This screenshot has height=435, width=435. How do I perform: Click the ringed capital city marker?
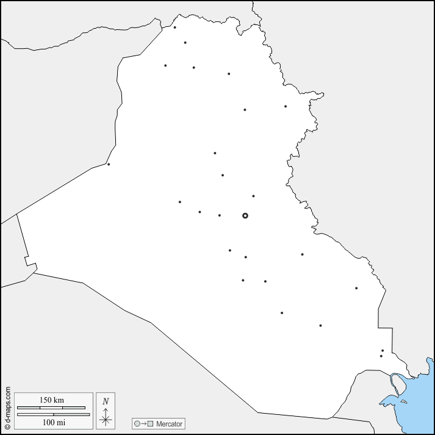[x=245, y=215]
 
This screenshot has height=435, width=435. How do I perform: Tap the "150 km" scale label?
[x=52, y=400]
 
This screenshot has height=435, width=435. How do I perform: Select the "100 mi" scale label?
[x=52, y=422]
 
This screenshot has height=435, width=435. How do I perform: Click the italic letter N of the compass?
[x=106, y=401]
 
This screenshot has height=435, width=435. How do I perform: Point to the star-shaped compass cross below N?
[x=106, y=419]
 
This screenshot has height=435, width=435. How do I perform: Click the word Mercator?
[x=168, y=423]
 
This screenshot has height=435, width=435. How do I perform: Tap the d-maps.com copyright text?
[x=7, y=408]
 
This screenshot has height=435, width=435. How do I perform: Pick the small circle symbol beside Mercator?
[x=137, y=423]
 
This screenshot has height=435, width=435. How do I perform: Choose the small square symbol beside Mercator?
[x=149, y=423]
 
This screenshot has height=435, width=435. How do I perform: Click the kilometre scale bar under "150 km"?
[x=51, y=408]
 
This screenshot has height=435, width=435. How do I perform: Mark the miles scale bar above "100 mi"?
[x=53, y=414]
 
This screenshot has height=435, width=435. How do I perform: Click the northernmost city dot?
[x=174, y=27]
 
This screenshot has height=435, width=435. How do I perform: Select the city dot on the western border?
[x=109, y=164]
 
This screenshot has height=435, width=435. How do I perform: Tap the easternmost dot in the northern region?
[x=285, y=106]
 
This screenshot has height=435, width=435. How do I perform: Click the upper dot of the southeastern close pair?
[x=383, y=351]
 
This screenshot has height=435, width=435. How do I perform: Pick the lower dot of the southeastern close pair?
[x=381, y=356]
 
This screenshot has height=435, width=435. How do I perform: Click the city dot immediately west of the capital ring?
[x=220, y=215]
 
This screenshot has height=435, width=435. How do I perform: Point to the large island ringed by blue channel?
[x=397, y=384]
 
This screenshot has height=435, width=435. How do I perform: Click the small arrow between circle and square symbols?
[x=143, y=423]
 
